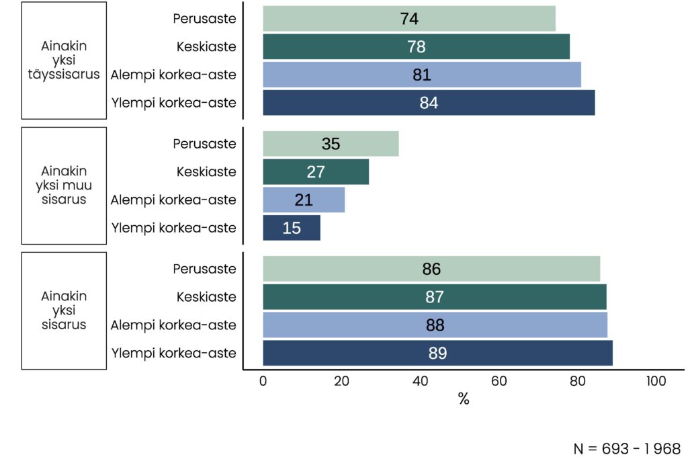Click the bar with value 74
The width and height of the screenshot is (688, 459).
click(408, 19)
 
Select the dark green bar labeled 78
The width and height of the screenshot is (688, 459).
click(416, 47)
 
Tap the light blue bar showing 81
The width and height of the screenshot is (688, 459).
click(421, 75)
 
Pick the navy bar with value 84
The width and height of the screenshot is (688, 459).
click(428, 103)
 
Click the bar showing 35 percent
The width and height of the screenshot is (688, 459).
click(331, 144)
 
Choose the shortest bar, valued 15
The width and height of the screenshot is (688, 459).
click(292, 228)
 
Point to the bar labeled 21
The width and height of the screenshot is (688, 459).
click(304, 200)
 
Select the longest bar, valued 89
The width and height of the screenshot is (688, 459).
click(437, 353)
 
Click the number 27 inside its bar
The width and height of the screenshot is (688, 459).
click(316, 172)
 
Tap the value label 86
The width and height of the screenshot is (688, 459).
click(431, 269)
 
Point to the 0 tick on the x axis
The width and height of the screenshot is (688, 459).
click(263, 382)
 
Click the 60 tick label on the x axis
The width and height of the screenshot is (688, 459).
click(499, 382)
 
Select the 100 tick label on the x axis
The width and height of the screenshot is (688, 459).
click(656, 382)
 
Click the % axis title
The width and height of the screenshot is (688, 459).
click(464, 400)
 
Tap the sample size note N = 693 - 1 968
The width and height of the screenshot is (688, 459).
click(627, 448)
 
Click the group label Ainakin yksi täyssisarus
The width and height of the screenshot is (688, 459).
click(64, 60)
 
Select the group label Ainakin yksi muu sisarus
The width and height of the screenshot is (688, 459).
click(64, 185)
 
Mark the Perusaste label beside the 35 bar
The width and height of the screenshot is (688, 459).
click(204, 144)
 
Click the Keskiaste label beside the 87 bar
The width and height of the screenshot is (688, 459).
click(206, 297)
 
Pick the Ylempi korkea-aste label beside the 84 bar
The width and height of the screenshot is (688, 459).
click(173, 103)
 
